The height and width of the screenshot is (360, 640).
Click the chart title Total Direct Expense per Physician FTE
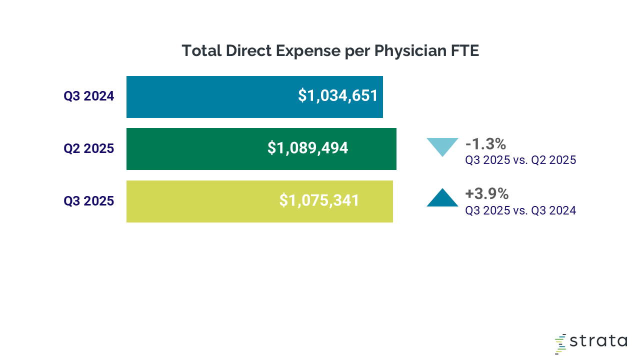(x=330, y=50)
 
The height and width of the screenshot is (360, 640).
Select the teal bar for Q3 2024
(x=210, y=97)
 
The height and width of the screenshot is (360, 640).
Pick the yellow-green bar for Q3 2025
(x=200, y=201)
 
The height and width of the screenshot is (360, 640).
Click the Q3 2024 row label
(x=89, y=96)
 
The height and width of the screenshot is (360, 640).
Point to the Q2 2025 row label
(x=89, y=148)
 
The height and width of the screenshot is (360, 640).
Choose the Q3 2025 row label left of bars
(x=89, y=201)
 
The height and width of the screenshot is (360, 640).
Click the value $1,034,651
(x=338, y=95)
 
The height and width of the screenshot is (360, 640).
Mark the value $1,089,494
(x=307, y=148)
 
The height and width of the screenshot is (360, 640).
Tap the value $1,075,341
(x=319, y=200)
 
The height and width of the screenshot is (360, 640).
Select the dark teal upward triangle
(x=442, y=198)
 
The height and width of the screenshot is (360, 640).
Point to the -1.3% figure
(x=485, y=144)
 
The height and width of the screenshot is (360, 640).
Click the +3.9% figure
(x=486, y=194)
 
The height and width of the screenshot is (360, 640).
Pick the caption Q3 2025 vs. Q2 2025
(x=520, y=160)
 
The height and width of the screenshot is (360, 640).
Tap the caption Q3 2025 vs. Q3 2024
(x=520, y=210)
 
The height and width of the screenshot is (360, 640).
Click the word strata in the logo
(x=598, y=341)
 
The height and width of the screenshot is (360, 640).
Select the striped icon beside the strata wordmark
(x=561, y=343)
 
